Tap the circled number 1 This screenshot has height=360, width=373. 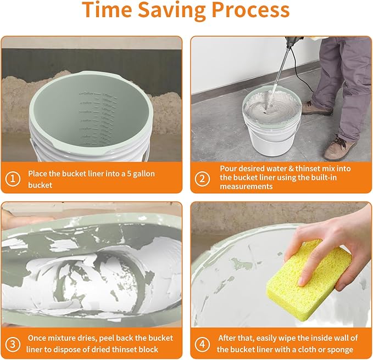pos(12,178)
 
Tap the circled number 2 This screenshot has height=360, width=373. pos(202,178)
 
